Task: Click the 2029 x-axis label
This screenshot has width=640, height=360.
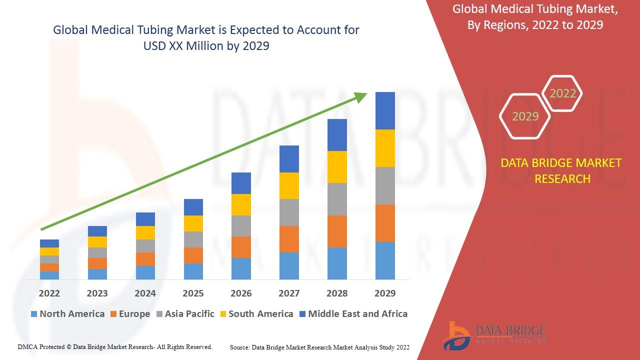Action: click(385, 293)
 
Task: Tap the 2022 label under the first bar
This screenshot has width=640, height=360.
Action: click(49, 293)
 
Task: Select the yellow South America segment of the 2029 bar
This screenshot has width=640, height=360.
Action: click(385, 148)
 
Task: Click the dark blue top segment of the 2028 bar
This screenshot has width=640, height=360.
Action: click(337, 135)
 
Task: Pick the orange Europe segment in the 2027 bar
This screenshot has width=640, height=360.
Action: click(289, 239)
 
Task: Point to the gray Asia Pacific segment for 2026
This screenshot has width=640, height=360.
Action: click(241, 226)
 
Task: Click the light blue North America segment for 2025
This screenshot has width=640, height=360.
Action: click(193, 271)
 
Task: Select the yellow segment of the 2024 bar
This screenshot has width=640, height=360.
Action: click(145, 232)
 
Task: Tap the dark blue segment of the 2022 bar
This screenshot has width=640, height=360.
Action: click(49, 243)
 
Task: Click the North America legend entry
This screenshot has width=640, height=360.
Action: click(67, 314)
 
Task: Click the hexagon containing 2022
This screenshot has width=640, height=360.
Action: click(562, 93)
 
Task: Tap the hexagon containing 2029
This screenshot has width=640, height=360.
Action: click(525, 116)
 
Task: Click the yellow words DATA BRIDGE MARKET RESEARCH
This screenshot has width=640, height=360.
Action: click(562, 170)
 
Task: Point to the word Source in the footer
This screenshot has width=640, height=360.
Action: click(240, 347)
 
